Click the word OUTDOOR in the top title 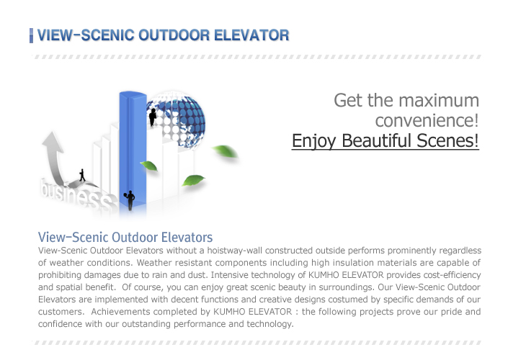[174, 35]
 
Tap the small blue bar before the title [31, 35]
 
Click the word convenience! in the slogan [427, 121]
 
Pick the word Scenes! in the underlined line [447, 141]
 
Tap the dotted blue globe [177, 119]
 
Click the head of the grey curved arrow [52, 141]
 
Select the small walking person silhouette [82, 175]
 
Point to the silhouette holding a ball [130, 200]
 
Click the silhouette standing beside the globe [152, 117]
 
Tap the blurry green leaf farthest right [226, 151]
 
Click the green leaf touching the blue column [149, 166]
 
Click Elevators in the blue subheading [187, 238]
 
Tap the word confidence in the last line [61, 324]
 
